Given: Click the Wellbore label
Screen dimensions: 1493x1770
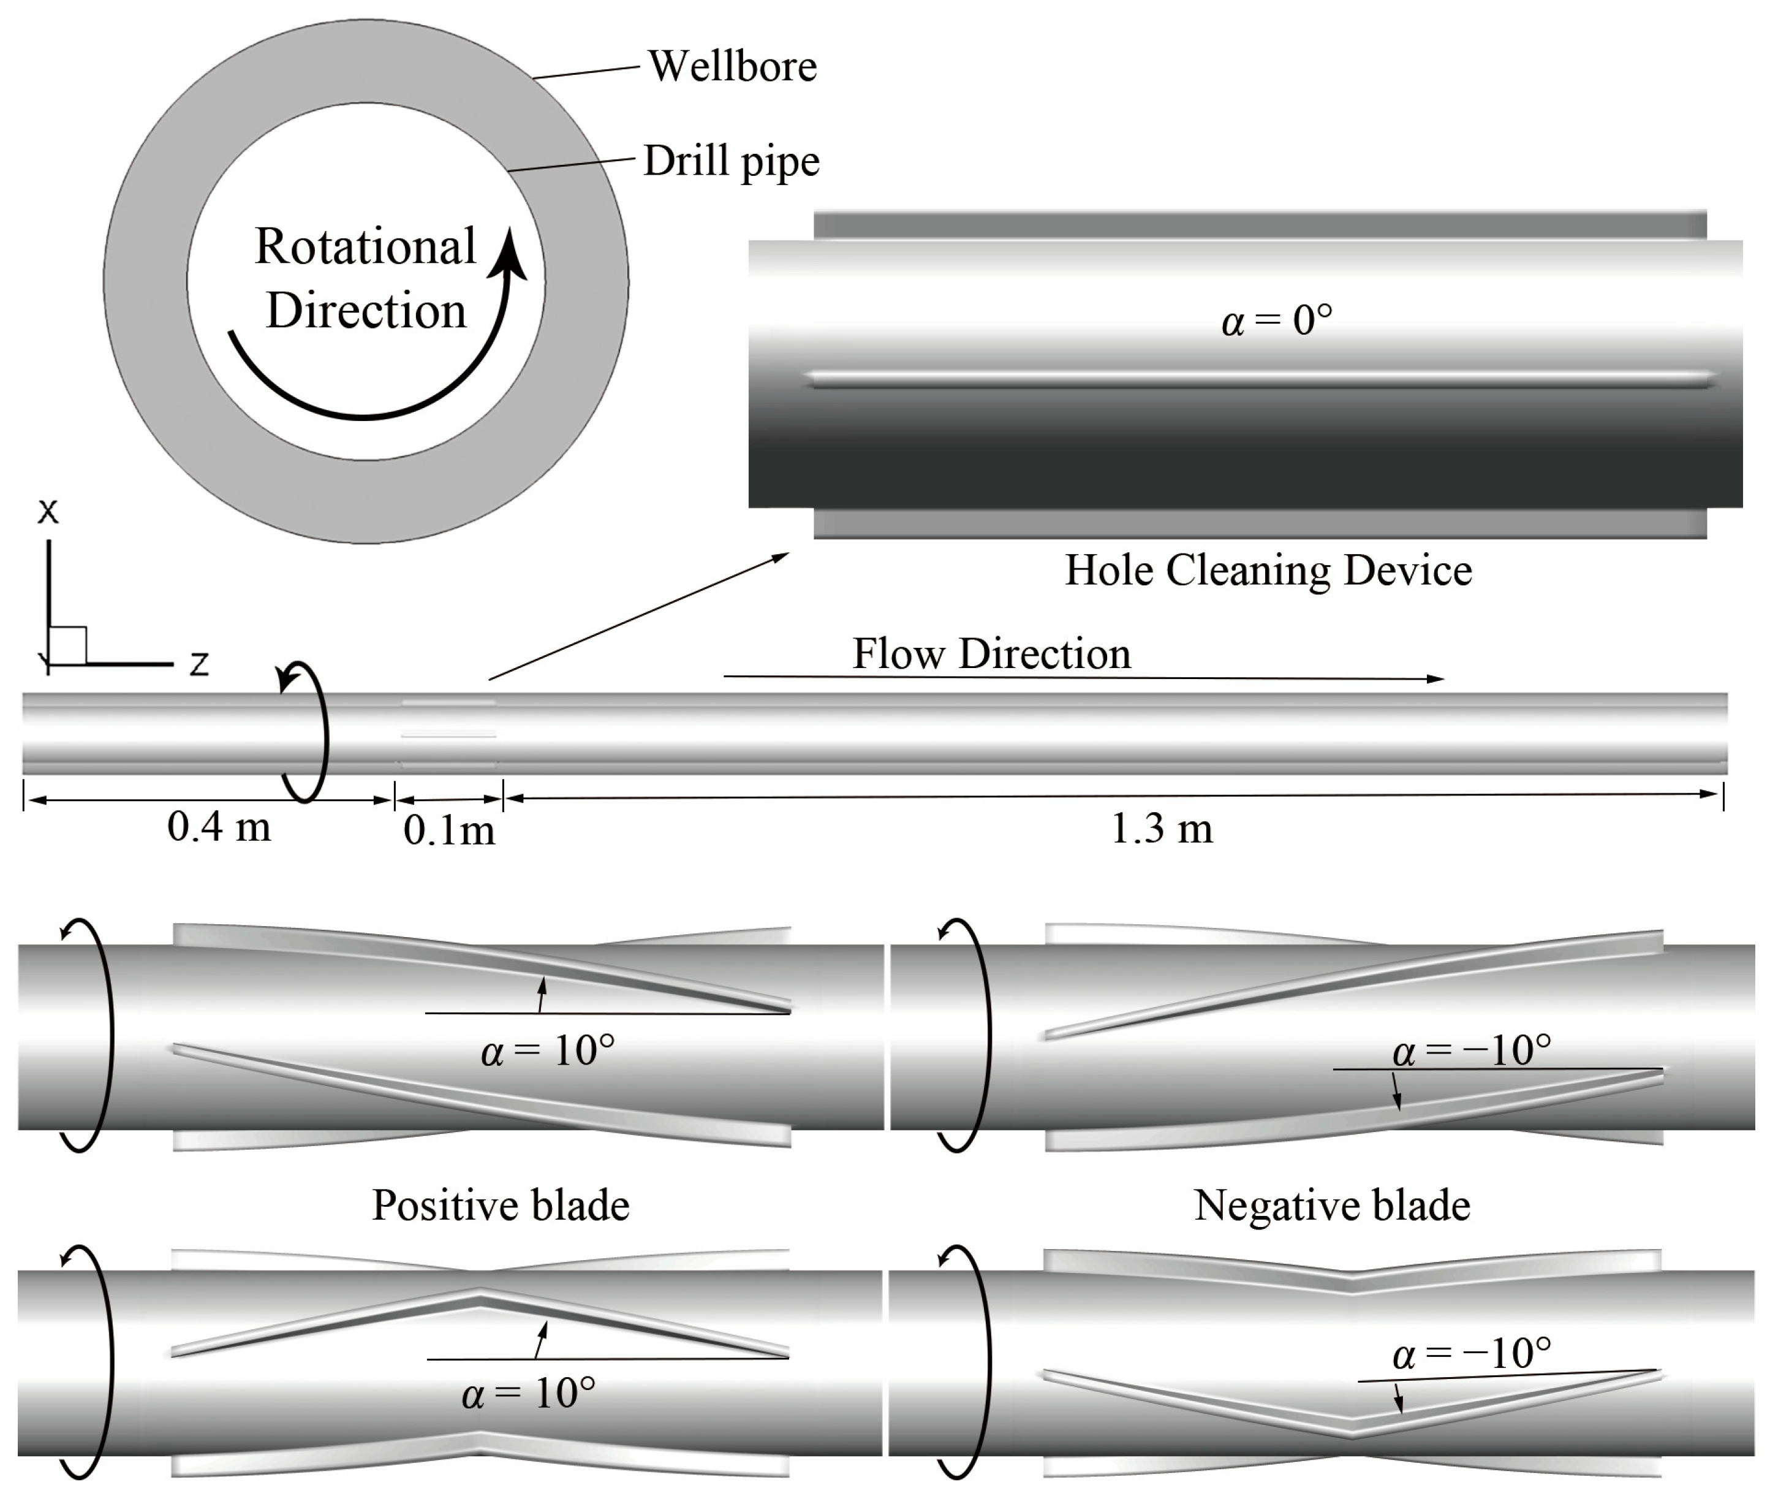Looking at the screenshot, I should click(732, 66).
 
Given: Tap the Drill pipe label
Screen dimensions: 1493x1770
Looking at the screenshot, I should click(731, 160).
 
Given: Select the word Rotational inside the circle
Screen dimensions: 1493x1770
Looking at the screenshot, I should click(366, 246).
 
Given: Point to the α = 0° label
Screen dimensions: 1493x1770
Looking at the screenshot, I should click(1277, 321).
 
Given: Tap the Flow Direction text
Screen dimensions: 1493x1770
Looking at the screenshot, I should click(991, 653).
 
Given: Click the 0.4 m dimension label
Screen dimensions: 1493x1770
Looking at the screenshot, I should click(219, 826).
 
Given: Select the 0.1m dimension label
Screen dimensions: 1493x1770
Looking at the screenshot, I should click(449, 829).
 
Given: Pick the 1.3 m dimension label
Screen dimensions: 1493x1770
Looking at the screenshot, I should click(1161, 828).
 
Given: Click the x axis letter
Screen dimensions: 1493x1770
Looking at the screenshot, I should click(48, 511).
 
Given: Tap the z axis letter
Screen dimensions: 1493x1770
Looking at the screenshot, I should click(199, 664).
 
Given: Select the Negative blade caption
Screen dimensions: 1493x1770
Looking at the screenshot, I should click(1332, 1204).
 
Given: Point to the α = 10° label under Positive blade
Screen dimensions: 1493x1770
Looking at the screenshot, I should click(529, 1393).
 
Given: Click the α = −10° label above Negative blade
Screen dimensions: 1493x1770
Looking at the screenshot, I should click(1472, 1050).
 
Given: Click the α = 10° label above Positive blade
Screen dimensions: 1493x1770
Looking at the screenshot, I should click(547, 1050).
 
